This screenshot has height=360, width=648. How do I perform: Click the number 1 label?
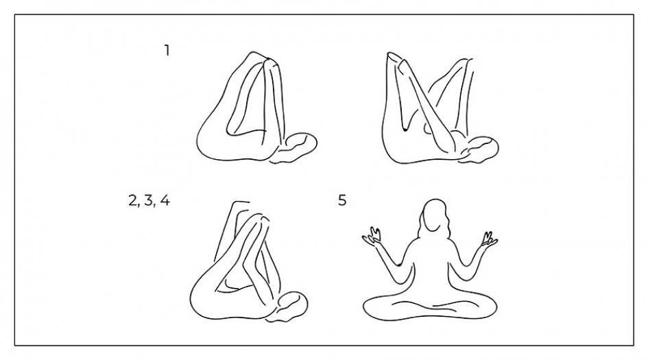pos(167,51)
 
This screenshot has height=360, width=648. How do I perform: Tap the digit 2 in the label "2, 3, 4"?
pos(133,201)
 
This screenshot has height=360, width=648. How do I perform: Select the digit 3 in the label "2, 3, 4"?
pos(149,201)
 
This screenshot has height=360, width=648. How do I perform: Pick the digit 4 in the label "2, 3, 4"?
pos(165,201)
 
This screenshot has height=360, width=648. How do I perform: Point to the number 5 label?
pos(342,200)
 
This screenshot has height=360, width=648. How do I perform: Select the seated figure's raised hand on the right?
pos(488,240)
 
